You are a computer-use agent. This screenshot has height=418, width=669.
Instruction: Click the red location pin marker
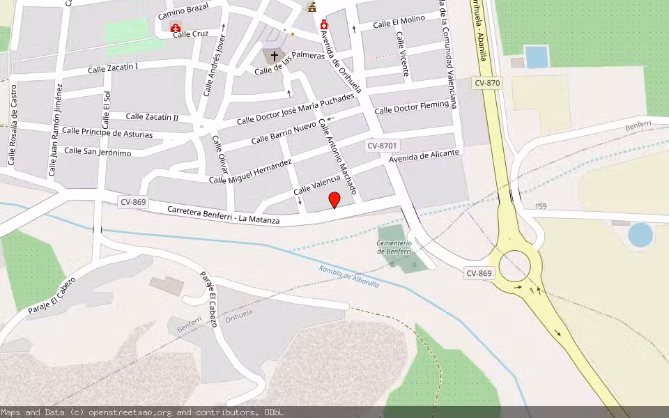pyautogui.click(x=334, y=200)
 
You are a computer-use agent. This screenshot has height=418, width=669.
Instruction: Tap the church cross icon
pyautogui.click(x=274, y=56)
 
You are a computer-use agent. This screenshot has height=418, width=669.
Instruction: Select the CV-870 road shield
pyautogui.click(x=487, y=83)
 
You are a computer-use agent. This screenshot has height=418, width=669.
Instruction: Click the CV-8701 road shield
pyautogui.click(x=382, y=146)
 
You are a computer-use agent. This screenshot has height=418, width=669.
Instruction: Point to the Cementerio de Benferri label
pyautogui.click(x=394, y=247)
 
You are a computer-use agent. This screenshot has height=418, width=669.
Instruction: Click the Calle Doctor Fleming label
pyautogui.click(x=411, y=108)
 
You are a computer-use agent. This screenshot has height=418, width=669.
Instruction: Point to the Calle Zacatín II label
pyautogui.click(x=152, y=117)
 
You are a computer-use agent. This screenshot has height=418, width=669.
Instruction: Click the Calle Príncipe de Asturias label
pyautogui.click(x=107, y=132)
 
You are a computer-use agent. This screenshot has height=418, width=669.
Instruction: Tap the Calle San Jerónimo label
pyautogui.click(x=98, y=151)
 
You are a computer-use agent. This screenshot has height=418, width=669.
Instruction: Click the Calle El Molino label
pyautogui.click(x=399, y=22)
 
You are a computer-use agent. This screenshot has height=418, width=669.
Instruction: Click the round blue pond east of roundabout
pyautogui.click(x=640, y=235)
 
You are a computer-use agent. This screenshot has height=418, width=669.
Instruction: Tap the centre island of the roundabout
pyautogui.click(x=516, y=264)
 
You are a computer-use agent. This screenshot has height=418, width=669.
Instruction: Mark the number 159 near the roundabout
pyautogui.click(x=541, y=206)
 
